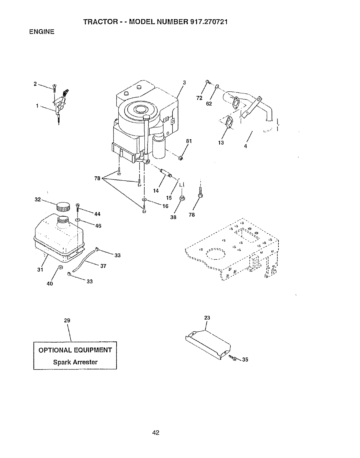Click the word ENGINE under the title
click(x=42, y=32)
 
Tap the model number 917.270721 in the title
click(x=207, y=22)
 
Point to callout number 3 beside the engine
click(x=184, y=83)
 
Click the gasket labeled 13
click(x=229, y=122)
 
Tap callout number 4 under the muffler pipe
click(x=245, y=146)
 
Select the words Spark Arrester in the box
click(x=75, y=362)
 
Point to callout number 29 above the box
click(x=67, y=320)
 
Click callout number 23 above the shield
click(x=207, y=318)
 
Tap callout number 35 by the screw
click(x=245, y=360)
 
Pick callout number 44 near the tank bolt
click(x=97, y=214)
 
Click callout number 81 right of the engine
click(x=189, y=141)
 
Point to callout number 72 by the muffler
click(x=199, y=98)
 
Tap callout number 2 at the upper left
click(x=35, y=84)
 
